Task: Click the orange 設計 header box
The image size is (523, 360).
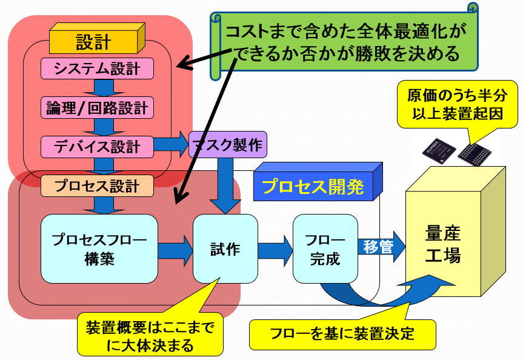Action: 94,41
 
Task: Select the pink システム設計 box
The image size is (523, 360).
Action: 97,68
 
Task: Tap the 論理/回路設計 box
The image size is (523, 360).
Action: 97,108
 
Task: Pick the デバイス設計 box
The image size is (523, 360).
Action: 97,146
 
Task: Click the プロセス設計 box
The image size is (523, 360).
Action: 97,185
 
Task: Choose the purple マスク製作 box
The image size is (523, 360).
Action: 227,145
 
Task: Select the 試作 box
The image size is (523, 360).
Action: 225,248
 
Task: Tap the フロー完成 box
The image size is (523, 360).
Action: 325,248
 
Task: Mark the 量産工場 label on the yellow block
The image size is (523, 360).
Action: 443,245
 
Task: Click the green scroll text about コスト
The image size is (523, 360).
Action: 342,43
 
